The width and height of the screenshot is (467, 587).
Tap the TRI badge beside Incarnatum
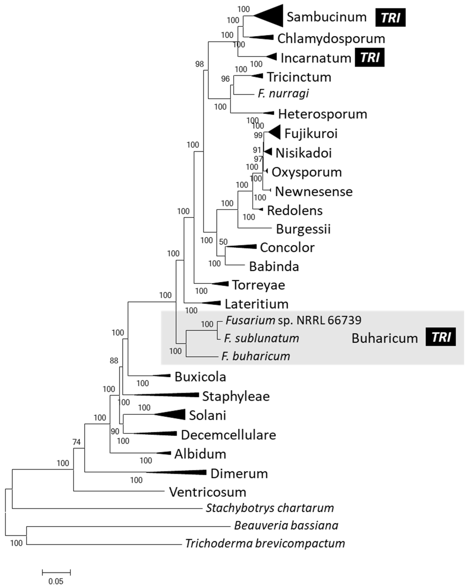(x=369, y=58)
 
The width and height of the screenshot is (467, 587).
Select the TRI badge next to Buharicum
(x=440, y=337)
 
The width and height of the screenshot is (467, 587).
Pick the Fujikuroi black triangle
(x=275, y=133)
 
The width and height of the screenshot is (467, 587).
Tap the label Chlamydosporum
(x=331, y=38)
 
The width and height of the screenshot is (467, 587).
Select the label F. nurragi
(x=283, y=94)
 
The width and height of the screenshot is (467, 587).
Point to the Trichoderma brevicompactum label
(x=265, y=543)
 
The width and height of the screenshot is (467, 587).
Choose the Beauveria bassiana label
(x=286, y=525)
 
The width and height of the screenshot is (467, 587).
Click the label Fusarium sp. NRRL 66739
(x=293, y=320)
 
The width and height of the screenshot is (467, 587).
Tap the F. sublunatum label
(x=261, y=338)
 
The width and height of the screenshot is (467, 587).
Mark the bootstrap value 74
(x=76, y=442)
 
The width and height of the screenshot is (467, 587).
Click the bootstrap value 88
(x=114, y=361)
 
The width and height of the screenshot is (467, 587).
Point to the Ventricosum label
(x=207, y=492)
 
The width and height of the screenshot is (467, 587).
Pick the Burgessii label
(x=303, y=229)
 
